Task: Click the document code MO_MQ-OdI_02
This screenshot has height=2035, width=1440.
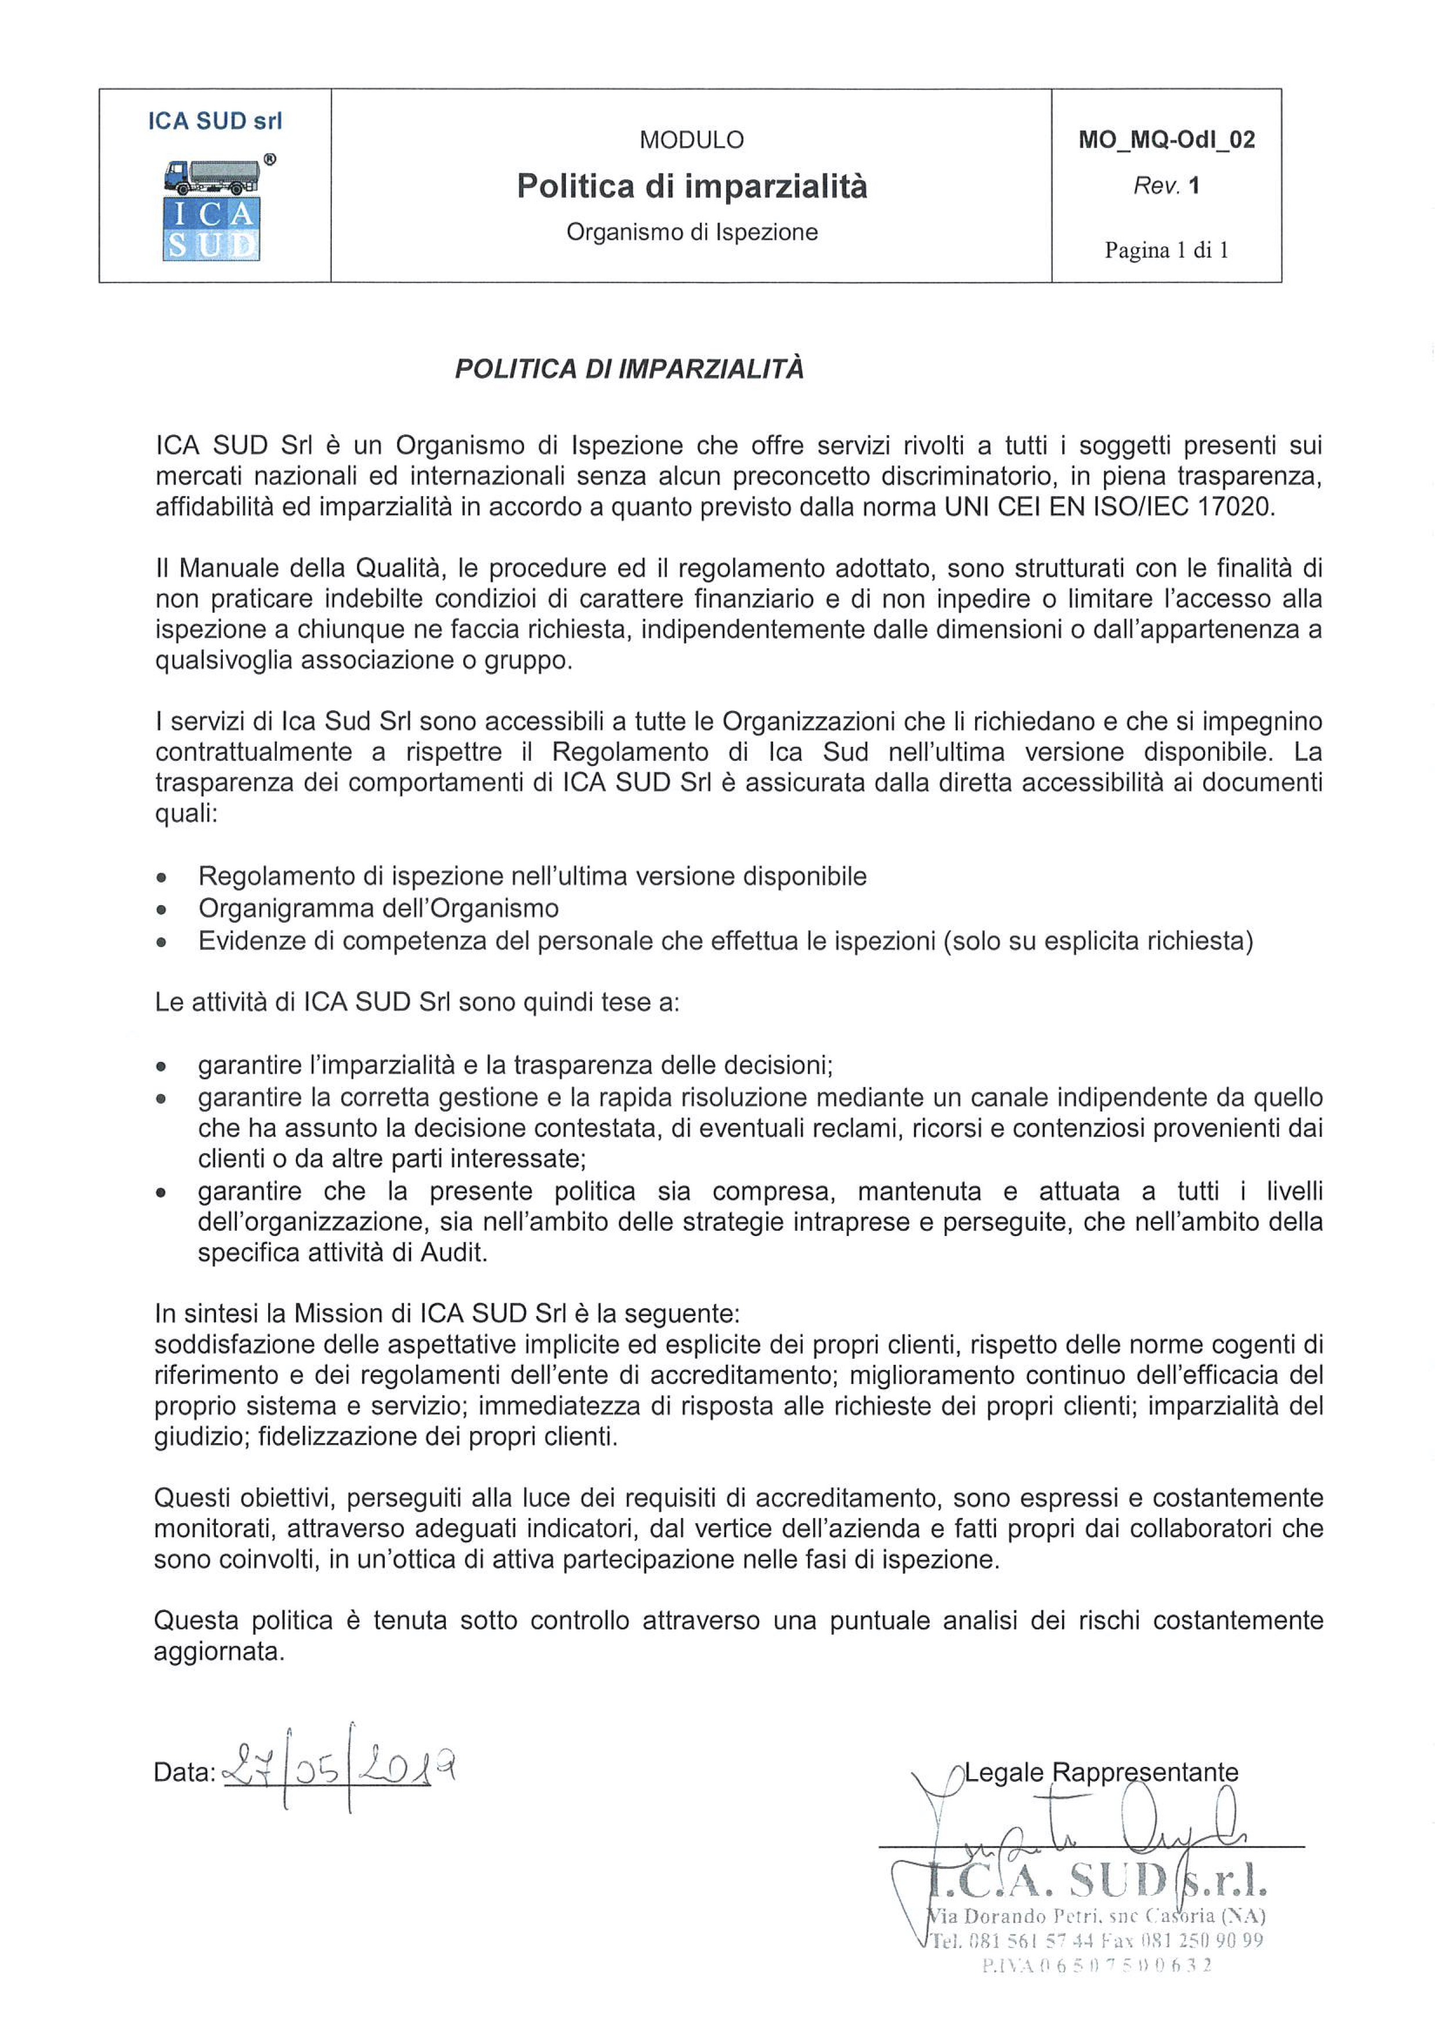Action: [x=1166, y=140]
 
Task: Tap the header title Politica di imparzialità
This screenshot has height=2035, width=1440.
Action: [x=692, y=186]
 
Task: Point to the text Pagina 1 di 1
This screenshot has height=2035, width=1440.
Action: [x=1166, y=250]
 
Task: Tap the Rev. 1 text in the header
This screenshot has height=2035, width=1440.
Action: [x=1166, y=186]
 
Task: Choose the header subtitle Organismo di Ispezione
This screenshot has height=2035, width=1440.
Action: [x=692, y=232]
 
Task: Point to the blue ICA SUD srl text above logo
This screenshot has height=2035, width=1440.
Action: [x=215, y=121]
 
